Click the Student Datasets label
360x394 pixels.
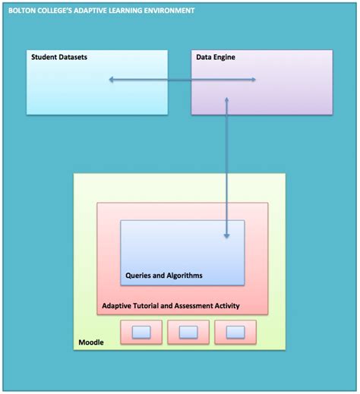[x=59, y=58]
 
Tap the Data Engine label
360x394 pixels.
[x=216, y=58]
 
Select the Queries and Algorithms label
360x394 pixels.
[x=163, y=275]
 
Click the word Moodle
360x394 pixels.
[x=91, y=342]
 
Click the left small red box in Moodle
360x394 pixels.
[x=141, y=332]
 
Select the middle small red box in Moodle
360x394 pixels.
[x=188, y=332]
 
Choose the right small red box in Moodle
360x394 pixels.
[x=235, y=332]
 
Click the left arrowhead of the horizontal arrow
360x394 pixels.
[x=111, y=79]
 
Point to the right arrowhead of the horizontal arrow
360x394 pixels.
[x=253, y=79]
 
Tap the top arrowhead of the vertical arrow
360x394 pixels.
[x=227, y=99]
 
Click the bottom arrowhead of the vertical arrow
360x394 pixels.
[x=227, y=237]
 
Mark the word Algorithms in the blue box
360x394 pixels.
[x=183, y=275]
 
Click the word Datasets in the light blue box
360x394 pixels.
[x=71, y=58]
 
